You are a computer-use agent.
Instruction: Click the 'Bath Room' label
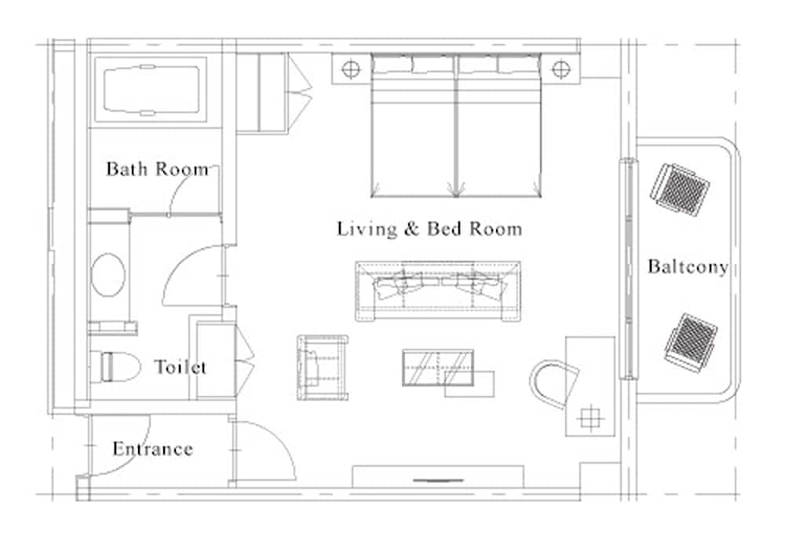[157, 168]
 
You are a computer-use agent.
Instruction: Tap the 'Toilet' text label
[181, 367]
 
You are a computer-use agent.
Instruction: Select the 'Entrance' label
[152, 449]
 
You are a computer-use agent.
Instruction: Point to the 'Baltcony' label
[688, 267]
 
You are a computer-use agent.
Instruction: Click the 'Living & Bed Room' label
[429, 229]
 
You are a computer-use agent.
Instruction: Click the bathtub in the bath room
[151, 89]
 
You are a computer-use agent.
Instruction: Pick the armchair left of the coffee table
[322, 367]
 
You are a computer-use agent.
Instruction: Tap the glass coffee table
[437, 367]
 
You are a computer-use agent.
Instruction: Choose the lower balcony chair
[688, 342]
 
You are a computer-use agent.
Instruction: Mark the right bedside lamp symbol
[560, 69]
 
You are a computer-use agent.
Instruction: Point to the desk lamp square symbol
[589, 418]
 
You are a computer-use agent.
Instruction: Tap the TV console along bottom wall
[437, 477]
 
